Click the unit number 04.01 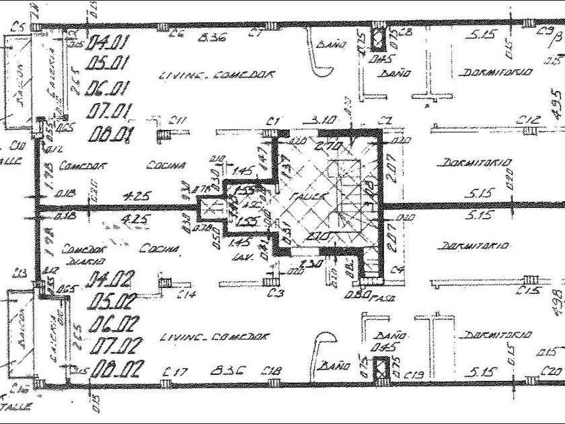pyautogui.click(x=108, y=44)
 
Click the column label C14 pyautogui.click(x=187, y=293)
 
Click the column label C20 pyautogui.click(x=552, y=370)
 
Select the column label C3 pyautogui.click(x=273, y=293)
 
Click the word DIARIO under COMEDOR pyautogui.click(x=89, y=260)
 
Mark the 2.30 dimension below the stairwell pyautogui.click(x=313, y=264)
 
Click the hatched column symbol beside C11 pyautogui.click(x=163, y=135)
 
